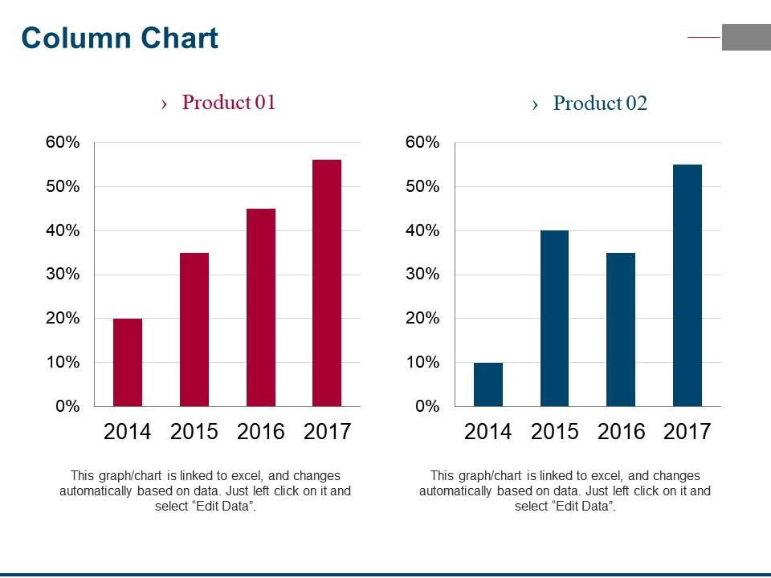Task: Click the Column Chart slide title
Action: [120, 38]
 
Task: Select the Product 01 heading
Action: [228, 103]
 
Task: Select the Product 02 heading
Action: [599, 104]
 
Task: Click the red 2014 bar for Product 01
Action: [128, 362]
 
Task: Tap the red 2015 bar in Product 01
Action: [194, 329]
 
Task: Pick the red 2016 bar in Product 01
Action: [261, 307]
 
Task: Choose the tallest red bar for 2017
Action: [327, 283]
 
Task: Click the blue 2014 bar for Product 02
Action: [488, 385]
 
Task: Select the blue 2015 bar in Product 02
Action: [554, 318]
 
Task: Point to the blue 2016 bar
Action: [621, 329]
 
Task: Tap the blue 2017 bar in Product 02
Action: [687, 285]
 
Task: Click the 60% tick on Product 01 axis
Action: [63, 143]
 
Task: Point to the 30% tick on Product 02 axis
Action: [423, 275]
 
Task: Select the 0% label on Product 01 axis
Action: [67, 407]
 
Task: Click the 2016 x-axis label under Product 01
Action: [261, 432]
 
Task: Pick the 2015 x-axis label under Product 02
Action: [554, 432]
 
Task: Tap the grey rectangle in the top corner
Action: [746, 37]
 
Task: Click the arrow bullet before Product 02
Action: [536, 104]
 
